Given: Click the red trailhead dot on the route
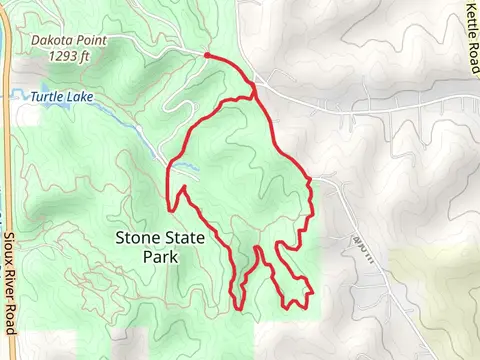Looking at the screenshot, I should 206,56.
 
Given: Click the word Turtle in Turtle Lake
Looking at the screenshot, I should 48,97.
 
